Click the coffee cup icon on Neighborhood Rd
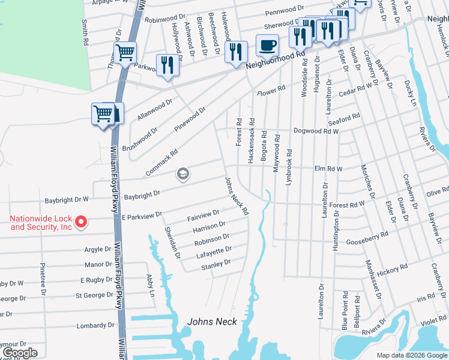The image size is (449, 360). (x=267, y=44)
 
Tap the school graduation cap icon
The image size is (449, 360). (x=182, y=175)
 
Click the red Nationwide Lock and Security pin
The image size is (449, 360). (x=83, y=223)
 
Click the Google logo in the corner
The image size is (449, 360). (x=19, y=353)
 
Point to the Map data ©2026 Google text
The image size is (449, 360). (x=412, y=355)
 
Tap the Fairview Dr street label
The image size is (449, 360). (x=203, y=214)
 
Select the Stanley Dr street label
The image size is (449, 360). (x=215, y=265)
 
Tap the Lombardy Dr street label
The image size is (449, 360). (x=95, y=326)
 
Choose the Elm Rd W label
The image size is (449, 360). (x=328, y=169)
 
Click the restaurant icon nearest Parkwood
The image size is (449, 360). (x=167, y=65)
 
